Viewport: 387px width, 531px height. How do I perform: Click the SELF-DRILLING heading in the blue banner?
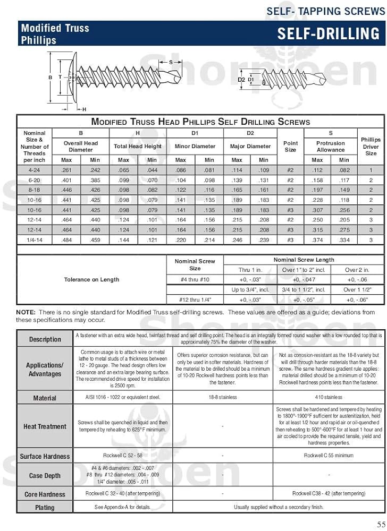coord(328,34)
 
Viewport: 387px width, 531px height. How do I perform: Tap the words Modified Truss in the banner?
coord(55,28)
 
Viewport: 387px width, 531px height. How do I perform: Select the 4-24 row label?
coord(35,170)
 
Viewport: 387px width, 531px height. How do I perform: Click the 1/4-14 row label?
coord(35,240)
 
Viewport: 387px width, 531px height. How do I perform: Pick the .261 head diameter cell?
coord(66,170)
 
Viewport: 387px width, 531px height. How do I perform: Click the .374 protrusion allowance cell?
coord(317,240)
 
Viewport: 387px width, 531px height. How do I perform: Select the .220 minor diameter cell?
coord(181,240)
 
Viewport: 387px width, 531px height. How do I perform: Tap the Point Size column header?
coord(290,147)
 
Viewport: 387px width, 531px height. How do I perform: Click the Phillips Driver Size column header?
coord(371,147)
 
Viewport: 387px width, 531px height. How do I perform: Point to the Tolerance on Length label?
coord(91,279)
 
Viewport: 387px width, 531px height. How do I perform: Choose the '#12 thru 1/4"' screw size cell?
coord(195,300)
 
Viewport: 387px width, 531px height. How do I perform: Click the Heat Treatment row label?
coord(45,426)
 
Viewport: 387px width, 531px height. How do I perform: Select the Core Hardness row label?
coord(45,494)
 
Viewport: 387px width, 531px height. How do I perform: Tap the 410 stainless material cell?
coord(325,397)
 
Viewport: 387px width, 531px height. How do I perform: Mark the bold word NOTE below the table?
coord(26,312)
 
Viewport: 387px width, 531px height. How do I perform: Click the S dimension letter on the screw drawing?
coord(171,62)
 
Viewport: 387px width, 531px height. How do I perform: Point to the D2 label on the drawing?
coord(241,80)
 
